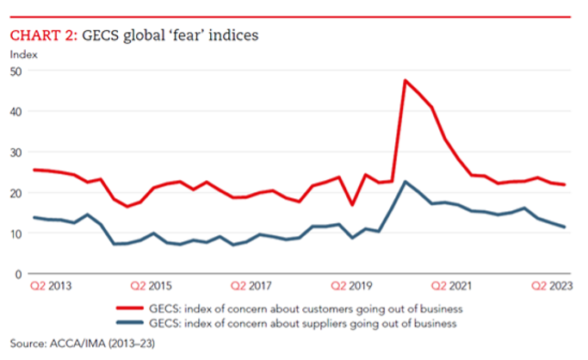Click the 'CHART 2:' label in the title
[43, 36]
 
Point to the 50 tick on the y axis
[15, 71]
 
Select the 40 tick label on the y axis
[15, 112]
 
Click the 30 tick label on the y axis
[15, 152]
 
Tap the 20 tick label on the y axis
[15, 193]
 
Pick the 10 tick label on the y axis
[15, 233]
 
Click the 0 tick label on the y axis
[18, 274]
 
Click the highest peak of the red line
[405, 81]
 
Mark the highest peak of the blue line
[405, 182]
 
